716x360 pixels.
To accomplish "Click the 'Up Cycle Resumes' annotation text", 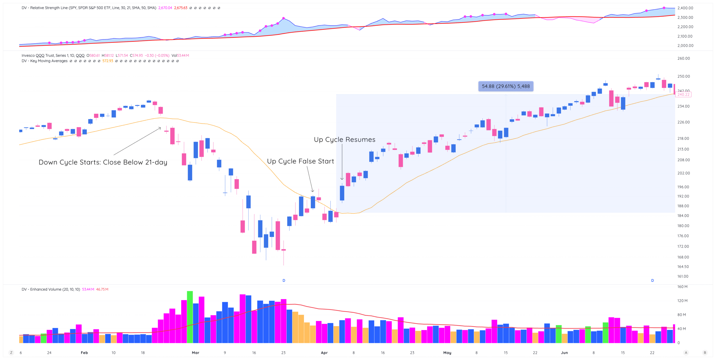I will click(x=344, y=139).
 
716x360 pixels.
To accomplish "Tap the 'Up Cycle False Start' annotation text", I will click(x=300, y=161).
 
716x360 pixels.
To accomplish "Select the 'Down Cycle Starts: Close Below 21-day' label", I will click(x=103, y=162).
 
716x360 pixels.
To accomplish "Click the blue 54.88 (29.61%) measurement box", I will click(x=506, y=86).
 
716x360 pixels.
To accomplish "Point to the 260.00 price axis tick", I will click(x=683, y=58).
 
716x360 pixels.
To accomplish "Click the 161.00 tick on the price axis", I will click(x=683, y=276).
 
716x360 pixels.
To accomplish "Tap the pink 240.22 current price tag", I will click(x=683, y=94).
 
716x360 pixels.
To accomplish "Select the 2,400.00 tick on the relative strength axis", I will click(x=685, y=8).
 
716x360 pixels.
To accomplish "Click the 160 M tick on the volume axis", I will click(x=682, y=287).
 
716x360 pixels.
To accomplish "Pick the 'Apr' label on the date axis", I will click(x=324, y=353).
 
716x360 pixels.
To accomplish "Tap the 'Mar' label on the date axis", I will click(x=196, y=353).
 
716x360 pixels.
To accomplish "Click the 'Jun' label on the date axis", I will click(x=564, y=353).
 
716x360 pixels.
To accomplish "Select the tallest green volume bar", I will click(x=190, y=317).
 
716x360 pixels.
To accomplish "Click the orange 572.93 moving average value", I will click(x=108, y=61).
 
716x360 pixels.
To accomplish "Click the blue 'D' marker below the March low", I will click(x=284, y=280).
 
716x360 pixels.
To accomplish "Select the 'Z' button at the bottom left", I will click(x=11, y=353).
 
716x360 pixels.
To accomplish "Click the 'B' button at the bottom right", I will click(x=705, y=353).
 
